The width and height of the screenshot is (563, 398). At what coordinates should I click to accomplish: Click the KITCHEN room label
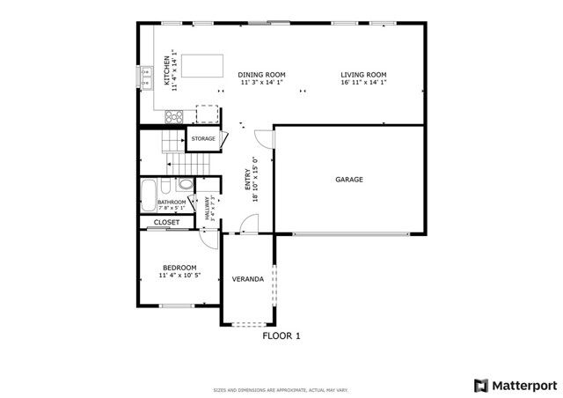pyautogui.click(x=165, y=70)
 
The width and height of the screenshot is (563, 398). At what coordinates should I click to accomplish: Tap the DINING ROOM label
pyautogui.click(x=263, y=75)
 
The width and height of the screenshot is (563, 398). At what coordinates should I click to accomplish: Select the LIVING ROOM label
pyautogui.click(x=364, y=75)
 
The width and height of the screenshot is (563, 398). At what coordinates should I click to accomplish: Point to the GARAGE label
pyautogui.click(x=349, y=180)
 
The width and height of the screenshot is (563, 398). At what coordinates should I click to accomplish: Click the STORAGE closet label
pyautogui.click(x=204, y=139)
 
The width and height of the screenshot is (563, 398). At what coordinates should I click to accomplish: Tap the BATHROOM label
pyautogui.click(x=172, y=203)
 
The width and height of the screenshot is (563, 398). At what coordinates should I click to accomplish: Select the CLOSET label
pyautogui.click(x=167, y=223)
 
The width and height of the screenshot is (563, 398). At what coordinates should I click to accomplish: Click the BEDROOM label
pyautogui.click(x=179, y=268)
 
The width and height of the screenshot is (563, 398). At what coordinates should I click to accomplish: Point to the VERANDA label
pyautogui.click(x=247, y=279)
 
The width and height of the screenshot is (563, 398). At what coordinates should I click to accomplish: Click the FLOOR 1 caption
pyautogui.click(x=281, y=335)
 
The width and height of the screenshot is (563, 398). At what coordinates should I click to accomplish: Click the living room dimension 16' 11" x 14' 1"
pyautogui.click(x=364, y=82)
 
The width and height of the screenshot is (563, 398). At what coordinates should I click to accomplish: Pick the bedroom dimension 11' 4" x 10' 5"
pyautogui.click(x=179, y=276)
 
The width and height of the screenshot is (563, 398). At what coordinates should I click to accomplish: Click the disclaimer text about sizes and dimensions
pyautogui.click(x=281, y=390)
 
